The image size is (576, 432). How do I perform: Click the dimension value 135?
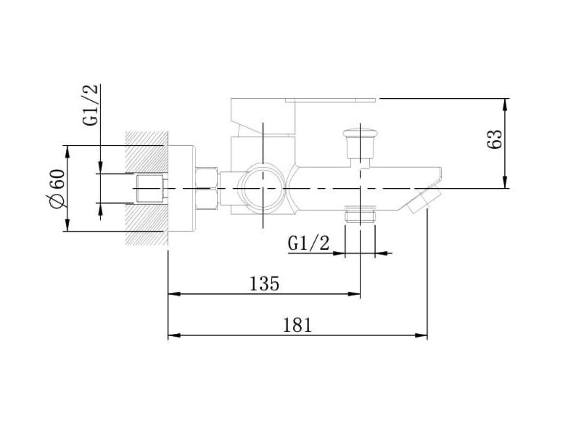coord(264,284)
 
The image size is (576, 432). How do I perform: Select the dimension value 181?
coord(297,325)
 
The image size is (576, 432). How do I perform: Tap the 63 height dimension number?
coord(494,139)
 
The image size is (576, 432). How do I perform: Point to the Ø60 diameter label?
coord(57,189)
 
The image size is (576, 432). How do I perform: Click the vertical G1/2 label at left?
coord(90,105)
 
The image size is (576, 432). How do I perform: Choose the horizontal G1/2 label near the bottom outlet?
coord(308,243)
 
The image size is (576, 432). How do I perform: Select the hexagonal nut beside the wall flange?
coord(207,188)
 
